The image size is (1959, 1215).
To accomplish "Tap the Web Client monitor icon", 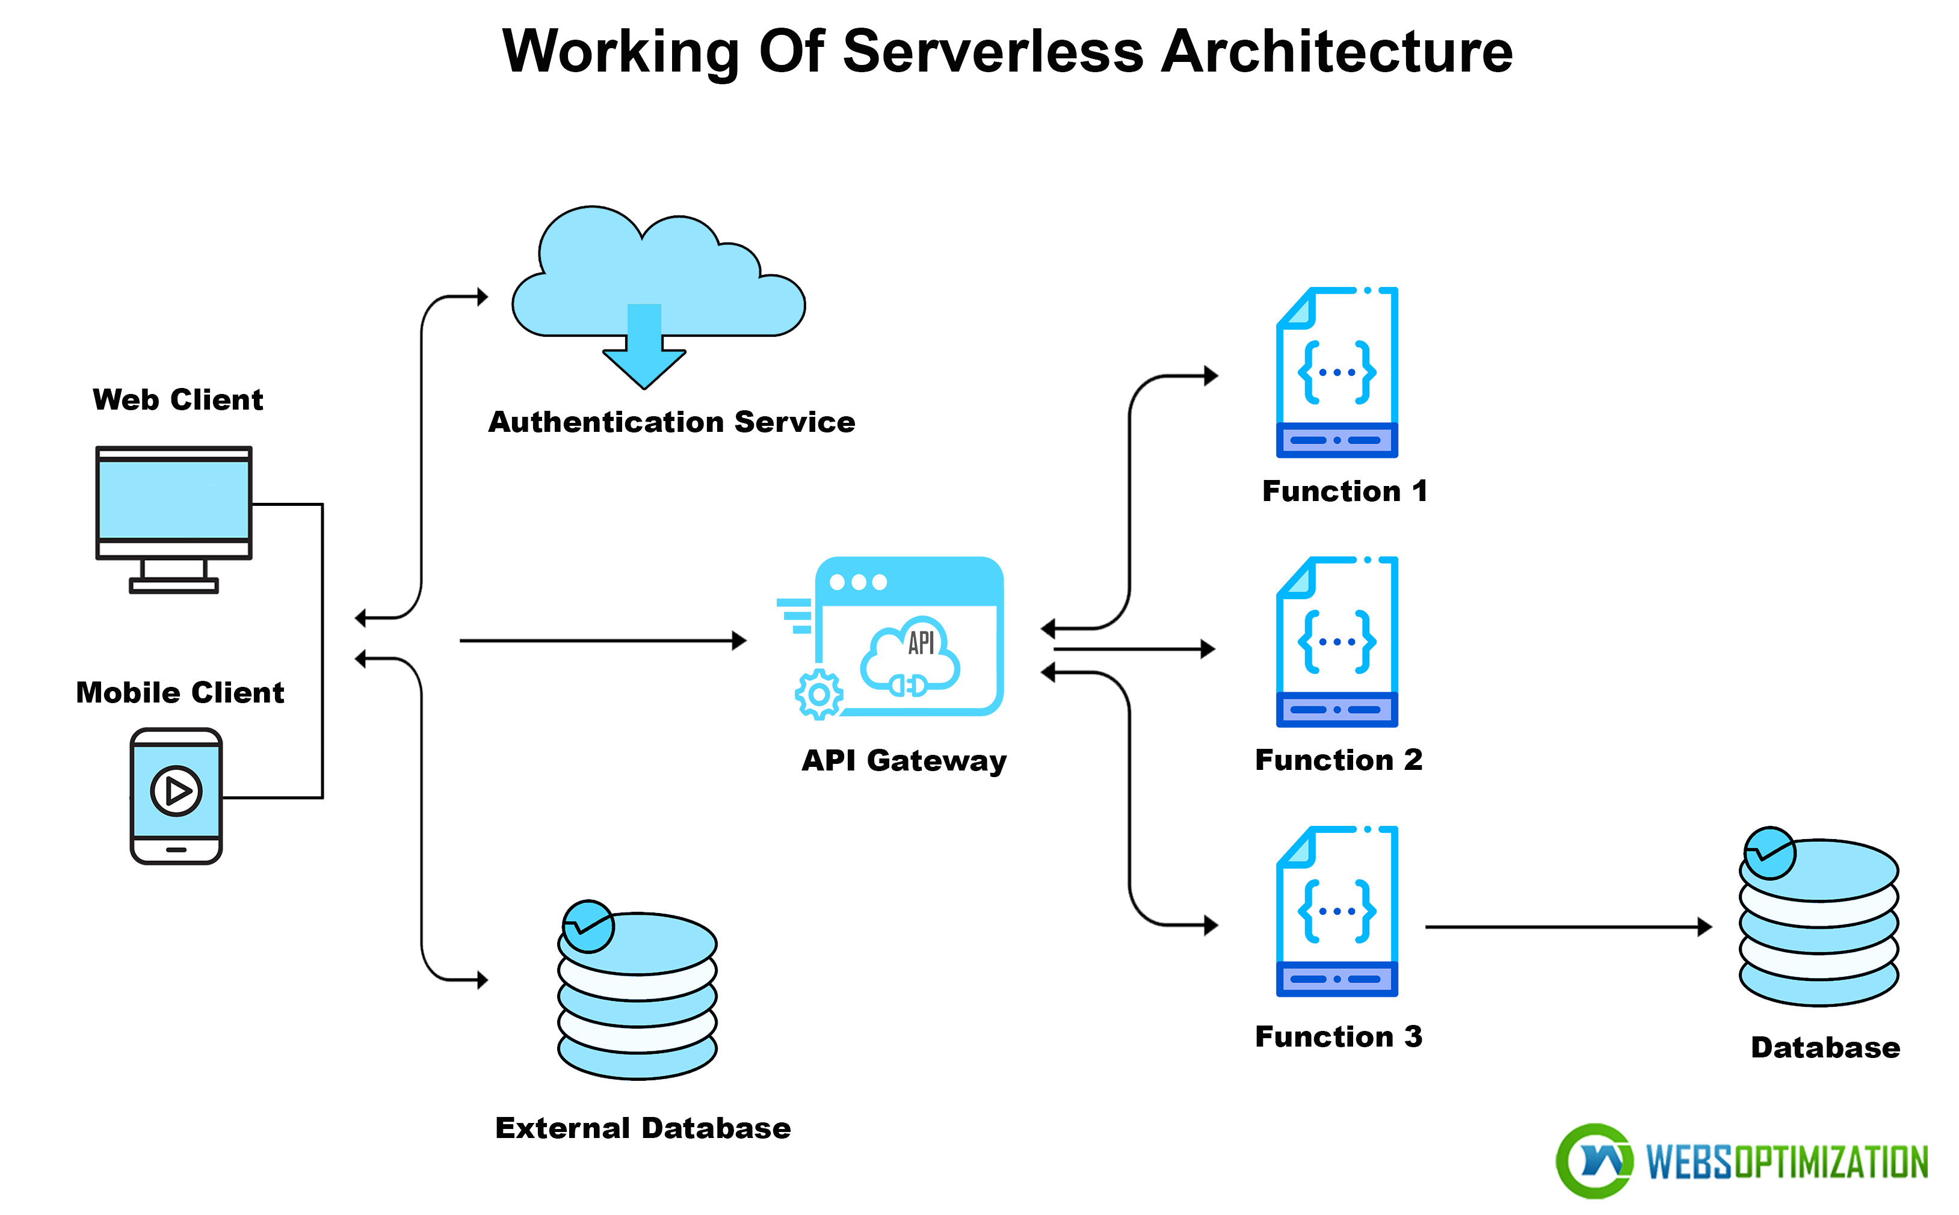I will (174, 502).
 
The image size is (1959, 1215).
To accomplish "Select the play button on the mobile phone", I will (176, 791).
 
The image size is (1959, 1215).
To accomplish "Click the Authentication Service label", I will (671, 422).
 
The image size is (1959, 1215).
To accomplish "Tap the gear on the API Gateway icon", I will (818, 694).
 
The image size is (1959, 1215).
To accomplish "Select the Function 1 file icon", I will (1336, 372).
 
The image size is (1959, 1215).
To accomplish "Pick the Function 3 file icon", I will (1336, 911).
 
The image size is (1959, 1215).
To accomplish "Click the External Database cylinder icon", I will (637, 997).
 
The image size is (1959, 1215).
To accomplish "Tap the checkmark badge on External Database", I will (588, 926).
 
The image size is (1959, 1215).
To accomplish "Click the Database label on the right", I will (1825, 1047).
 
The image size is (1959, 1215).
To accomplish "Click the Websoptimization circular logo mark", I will (1593, 1160).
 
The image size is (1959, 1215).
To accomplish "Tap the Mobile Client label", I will (179, 692).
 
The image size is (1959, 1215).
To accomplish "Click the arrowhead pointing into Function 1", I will (1210, 375).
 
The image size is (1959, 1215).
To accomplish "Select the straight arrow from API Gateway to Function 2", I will (1133, 648).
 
